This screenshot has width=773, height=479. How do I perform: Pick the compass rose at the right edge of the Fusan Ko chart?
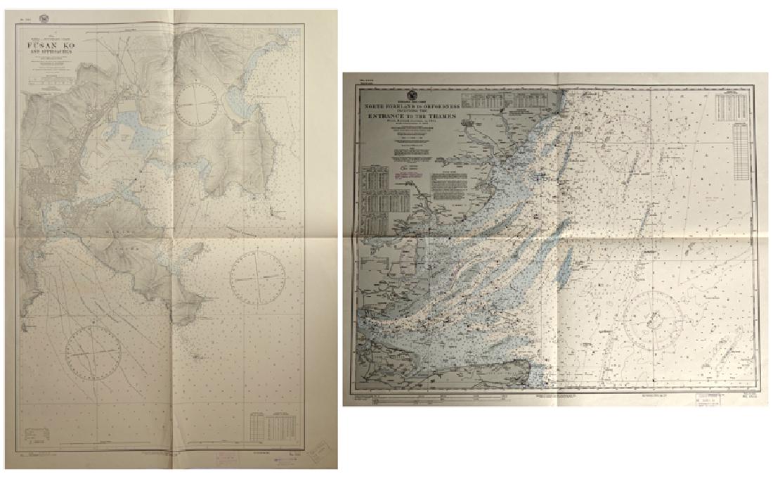[257, 277]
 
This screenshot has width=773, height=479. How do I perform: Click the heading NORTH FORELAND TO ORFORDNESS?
[409, 108]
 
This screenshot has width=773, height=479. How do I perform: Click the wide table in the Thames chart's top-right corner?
[730, 106]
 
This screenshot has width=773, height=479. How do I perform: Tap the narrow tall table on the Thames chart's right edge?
[738, 153]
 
